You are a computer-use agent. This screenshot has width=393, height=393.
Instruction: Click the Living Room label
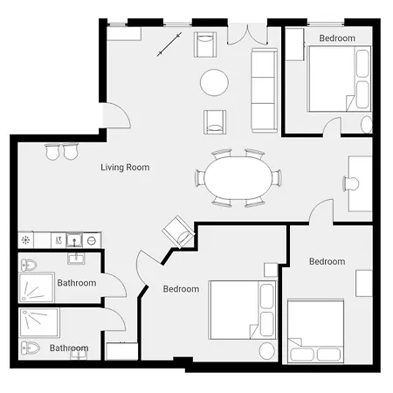point(125,168)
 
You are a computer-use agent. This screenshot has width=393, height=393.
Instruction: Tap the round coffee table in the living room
point(214,82)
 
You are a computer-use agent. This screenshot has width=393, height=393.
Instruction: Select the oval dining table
point(238,178)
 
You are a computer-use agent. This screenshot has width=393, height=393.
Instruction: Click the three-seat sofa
point(264,90)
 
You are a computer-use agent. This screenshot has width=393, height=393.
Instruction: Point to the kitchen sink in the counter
point(74,240)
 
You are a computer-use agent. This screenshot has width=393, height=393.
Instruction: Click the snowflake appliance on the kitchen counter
point(25,240)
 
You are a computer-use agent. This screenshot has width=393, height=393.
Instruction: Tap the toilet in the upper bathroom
point(29,265)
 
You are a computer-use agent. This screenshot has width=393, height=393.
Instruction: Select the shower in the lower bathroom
point(39,322)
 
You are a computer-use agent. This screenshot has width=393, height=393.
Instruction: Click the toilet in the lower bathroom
point(31,348)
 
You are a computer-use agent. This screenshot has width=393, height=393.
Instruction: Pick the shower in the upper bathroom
point(37,287)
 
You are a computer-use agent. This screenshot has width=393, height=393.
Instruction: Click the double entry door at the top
point(247,35)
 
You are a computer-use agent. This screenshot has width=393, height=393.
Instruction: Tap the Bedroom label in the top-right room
point(337,38)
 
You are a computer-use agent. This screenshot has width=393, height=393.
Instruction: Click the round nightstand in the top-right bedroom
point(367,124)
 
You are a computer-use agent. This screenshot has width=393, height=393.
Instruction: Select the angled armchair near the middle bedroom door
point(178,231)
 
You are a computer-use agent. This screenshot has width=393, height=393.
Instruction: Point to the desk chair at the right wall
point(351,183)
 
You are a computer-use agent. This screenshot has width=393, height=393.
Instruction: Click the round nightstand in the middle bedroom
point(266,351)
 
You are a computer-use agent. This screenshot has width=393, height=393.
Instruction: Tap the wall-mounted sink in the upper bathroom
point(76,258)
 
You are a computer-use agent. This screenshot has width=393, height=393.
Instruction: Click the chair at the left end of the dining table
point(200,178)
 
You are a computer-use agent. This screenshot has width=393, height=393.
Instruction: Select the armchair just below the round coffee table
point(215,122)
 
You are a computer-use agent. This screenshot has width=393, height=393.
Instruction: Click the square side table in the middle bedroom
point(271,270)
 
